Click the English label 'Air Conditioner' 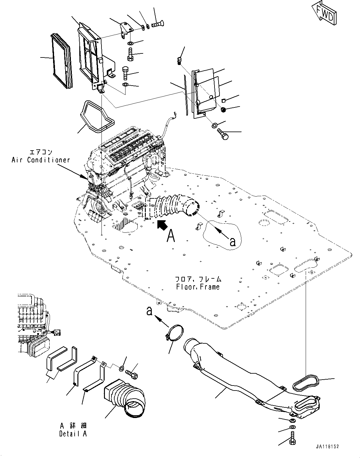[x=41, y=160]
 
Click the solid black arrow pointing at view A [x=161, y=224]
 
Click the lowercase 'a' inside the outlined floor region [x=232, y=241]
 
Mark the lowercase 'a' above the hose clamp [x=150, y=311]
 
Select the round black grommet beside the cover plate [x=223, y=110]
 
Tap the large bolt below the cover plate [x=224, y=135]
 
